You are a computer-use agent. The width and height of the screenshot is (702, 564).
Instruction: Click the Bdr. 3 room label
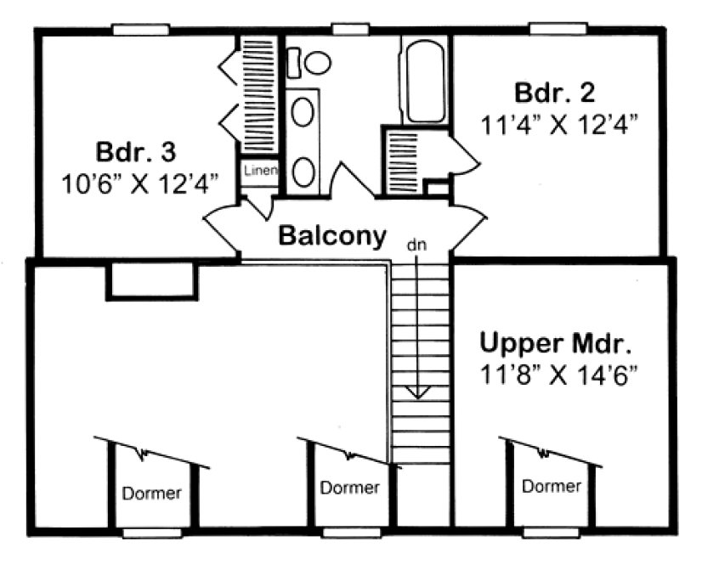pyautogui.click(x=135, y=153)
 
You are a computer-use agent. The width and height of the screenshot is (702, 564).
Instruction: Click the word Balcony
pyautogui.click(x=333, y=234)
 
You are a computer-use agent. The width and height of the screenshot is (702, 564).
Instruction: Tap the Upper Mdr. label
pyautogui.click(x=556, y=344)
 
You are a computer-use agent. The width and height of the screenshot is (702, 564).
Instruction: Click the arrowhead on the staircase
pyautogui.click(x=416, y=392)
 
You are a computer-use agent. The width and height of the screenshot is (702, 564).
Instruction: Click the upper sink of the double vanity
pyautogui.click(x=303, y=112)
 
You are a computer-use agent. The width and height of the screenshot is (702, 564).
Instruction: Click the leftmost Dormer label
pyautogui.click(x=151, y=493)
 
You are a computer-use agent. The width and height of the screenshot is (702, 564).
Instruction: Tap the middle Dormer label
pyautogui.click(x=349, y=488)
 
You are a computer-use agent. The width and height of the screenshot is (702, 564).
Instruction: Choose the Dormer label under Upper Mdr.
pyautogui.click(x=552, y=487)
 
